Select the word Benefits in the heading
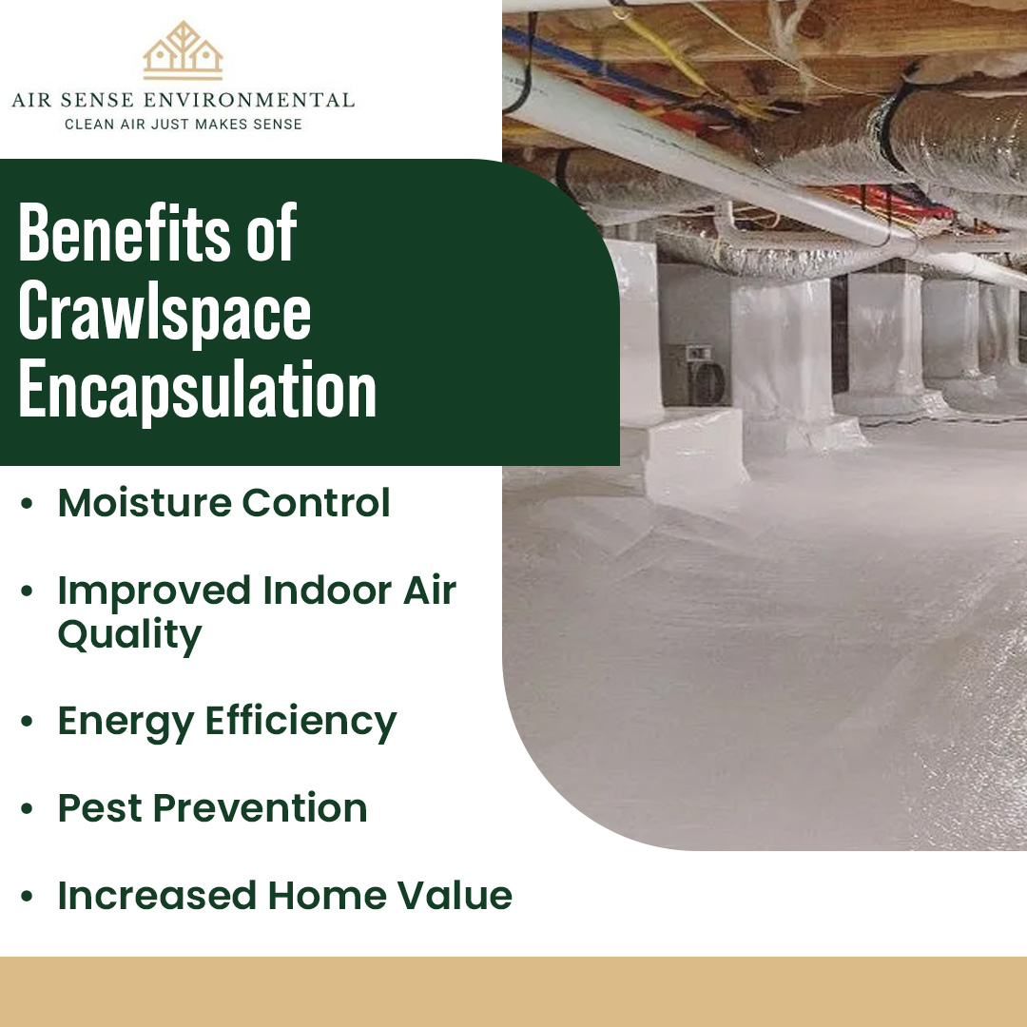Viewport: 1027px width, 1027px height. tap(115, 235)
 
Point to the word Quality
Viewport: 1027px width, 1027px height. tap(129, 635)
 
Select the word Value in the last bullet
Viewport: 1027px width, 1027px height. tap(458, 896)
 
